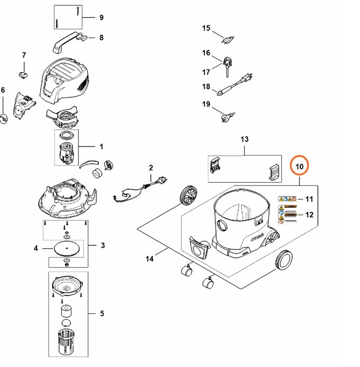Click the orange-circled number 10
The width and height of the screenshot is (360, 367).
pos(299,167)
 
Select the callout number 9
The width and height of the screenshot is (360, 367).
pos(101,17)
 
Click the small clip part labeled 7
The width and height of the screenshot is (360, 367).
pos(23,73)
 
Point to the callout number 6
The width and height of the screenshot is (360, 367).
pos(3,90)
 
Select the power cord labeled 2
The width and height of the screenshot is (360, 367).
pos(134,191)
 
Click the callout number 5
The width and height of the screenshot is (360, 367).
pos(102,313)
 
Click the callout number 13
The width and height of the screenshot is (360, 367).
pos(243,139)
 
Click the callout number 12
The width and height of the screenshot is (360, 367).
pos(309,215)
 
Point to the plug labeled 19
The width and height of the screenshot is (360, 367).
pos(227,117)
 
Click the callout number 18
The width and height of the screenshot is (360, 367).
pos(206,87)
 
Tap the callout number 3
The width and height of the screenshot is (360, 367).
pos(103,245)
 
